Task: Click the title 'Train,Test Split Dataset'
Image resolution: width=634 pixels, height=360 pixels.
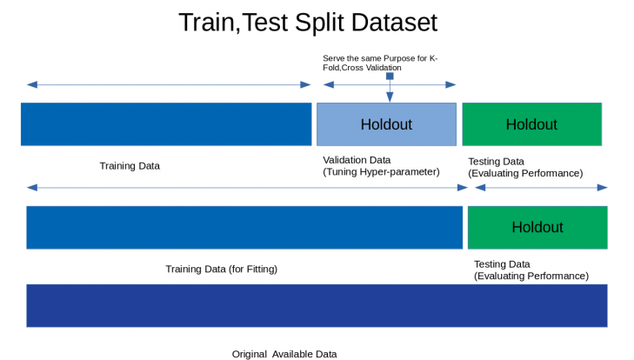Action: (307, 22)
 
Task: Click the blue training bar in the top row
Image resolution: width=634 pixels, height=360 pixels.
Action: (165, 123)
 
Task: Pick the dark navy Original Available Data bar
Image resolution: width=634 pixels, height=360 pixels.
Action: (317, 305)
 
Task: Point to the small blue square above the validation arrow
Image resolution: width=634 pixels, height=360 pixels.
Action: (390, 77)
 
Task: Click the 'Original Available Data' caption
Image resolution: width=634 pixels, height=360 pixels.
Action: (284, 354)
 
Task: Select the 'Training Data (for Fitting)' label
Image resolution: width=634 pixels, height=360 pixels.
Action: (221, 269)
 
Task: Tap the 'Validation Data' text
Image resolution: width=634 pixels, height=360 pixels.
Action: (357, 160)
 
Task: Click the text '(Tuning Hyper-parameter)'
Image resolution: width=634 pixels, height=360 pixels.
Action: (381, 172)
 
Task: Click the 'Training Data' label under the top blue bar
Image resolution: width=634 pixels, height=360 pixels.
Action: (130, 165)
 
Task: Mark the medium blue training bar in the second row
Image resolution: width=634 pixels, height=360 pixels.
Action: (244, 227)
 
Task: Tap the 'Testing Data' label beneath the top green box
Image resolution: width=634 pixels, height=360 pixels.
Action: (496, 161)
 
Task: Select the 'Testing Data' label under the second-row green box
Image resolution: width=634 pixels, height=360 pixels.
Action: (502, 263)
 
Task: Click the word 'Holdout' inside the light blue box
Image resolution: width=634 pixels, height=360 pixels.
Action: (386, 124)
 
